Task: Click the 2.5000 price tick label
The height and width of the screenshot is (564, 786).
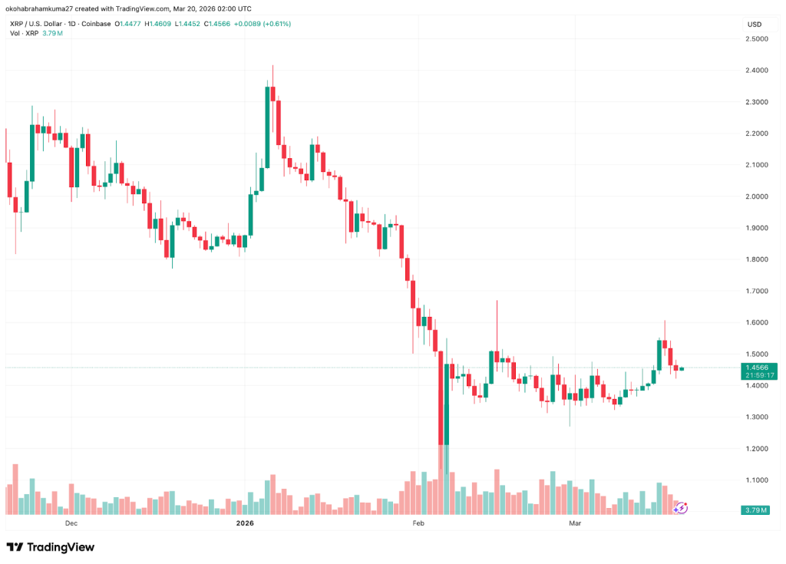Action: click(758, 38)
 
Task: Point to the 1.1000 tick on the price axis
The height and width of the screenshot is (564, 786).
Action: click(758, 480)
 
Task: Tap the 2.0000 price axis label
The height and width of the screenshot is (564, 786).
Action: click(758, 196)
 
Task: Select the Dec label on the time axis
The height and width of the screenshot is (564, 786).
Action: click(71, 523)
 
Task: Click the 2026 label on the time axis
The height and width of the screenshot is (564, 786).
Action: click(245, 523)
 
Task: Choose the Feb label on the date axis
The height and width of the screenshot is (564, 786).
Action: click(418, 523)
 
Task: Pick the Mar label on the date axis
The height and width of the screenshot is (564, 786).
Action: click(574, 523)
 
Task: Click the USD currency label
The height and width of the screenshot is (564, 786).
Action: click(754, 25)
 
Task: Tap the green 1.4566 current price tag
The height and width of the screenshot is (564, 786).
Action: click(758, 368)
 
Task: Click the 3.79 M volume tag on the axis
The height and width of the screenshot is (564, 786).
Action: click(758, 510)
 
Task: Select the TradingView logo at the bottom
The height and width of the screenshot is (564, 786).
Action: click(51, 547)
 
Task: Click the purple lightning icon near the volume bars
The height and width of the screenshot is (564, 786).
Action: click(681, 507)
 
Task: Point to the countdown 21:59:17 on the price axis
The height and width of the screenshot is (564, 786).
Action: click(758, 375)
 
